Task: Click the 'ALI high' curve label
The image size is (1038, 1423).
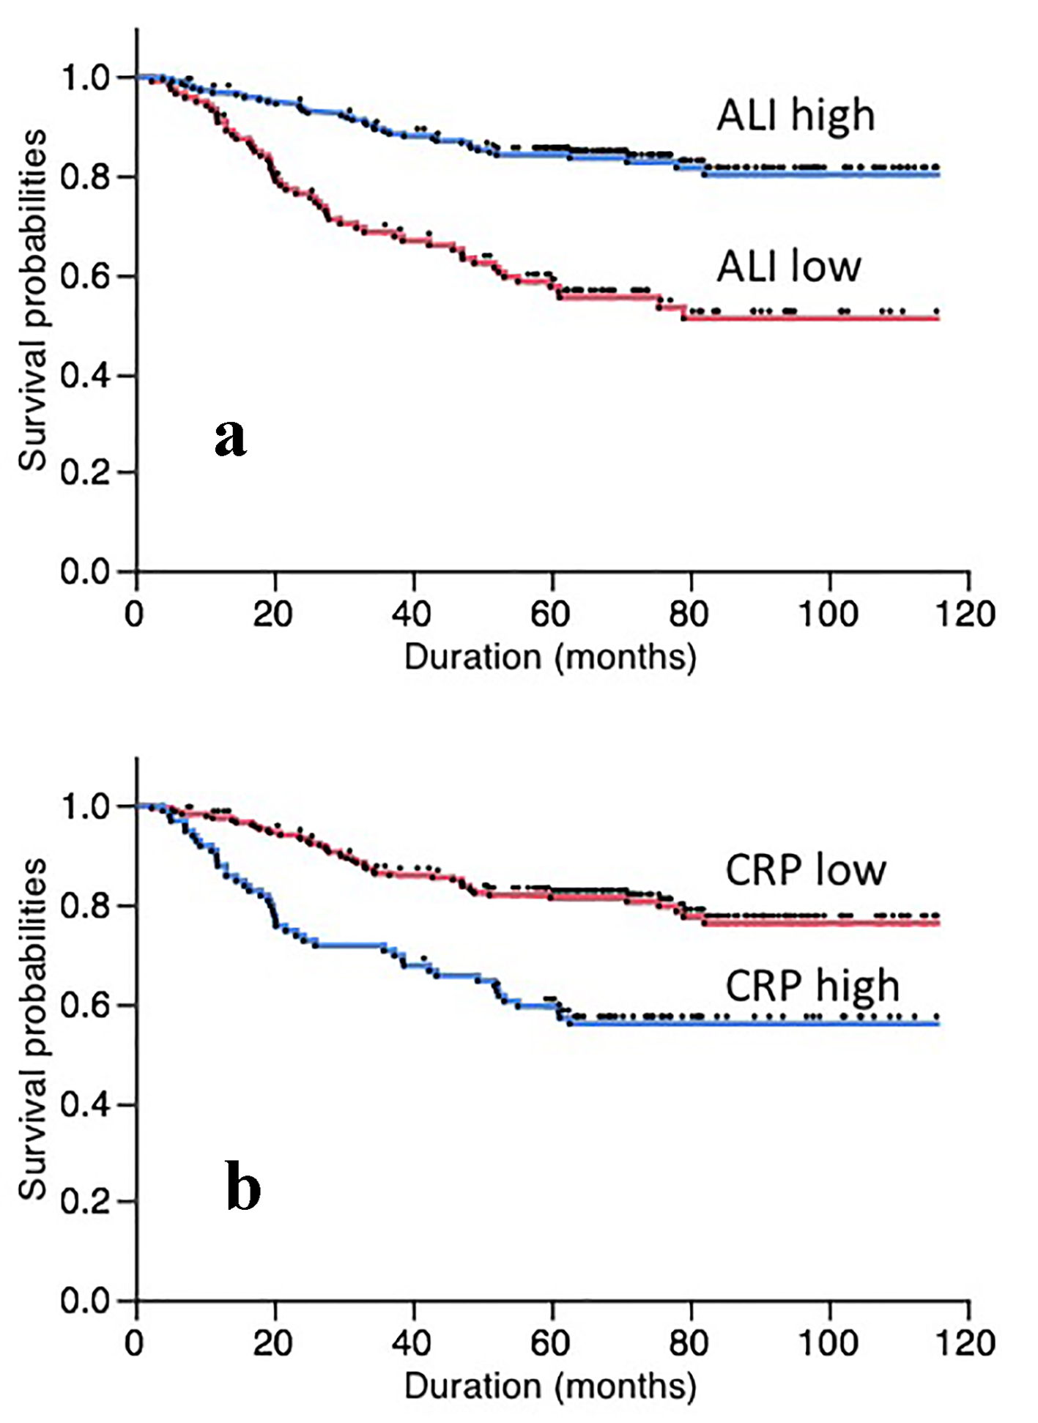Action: (796, 116)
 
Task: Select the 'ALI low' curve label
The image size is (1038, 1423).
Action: (788, 266)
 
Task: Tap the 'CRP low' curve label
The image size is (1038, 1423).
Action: (806, 870)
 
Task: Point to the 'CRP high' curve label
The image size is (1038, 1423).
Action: (812, 986)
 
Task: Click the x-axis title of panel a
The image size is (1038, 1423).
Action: (549, 657)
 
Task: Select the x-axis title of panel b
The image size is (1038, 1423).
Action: (549, 1386)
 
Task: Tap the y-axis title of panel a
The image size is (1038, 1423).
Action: (33, 300)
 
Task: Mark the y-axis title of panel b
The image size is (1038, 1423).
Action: (33, 1029)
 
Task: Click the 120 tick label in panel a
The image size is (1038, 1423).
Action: (965, 614)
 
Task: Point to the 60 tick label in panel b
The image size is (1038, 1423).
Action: (550, 1343)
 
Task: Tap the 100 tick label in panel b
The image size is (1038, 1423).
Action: (828, 1343)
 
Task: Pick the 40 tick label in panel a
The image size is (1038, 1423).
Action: (412, 614)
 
